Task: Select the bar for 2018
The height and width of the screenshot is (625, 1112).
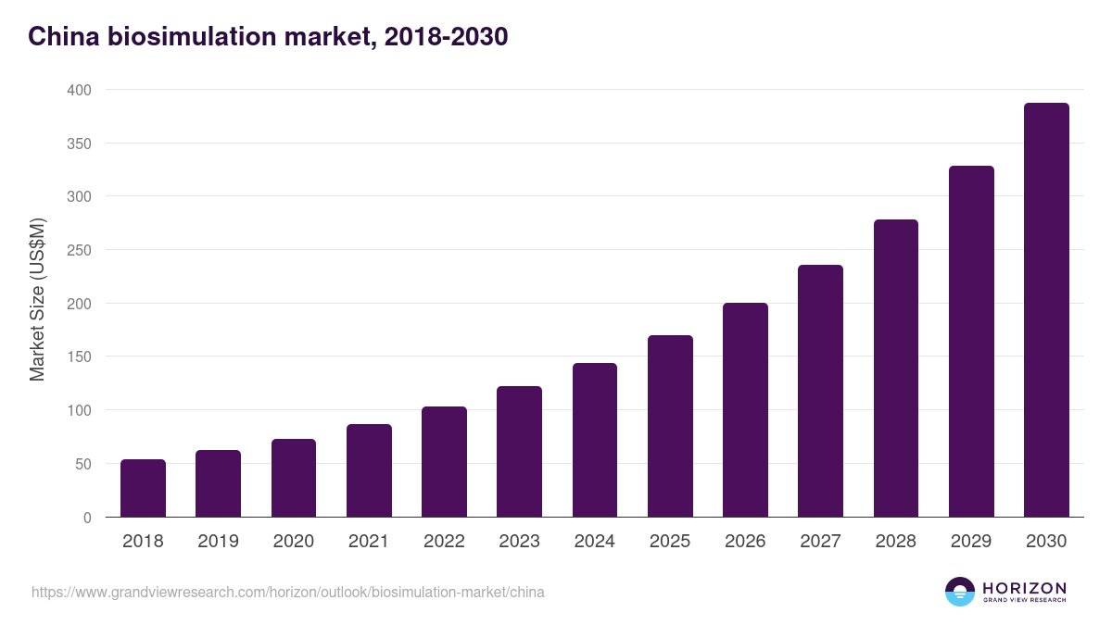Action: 143,488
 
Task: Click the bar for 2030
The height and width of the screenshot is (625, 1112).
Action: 1046,310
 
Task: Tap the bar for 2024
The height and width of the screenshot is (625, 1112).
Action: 595,440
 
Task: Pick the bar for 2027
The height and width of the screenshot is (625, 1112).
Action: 820,391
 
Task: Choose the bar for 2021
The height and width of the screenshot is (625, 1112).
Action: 369,470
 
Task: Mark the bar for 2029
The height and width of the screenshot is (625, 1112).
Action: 971,342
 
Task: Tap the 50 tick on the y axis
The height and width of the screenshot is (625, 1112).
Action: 82,464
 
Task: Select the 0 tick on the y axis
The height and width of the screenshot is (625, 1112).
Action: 87,518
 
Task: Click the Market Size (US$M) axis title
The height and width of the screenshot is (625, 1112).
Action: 37,299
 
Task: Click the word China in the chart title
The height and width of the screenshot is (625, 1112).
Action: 61,36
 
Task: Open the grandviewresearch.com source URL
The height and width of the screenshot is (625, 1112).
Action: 287,592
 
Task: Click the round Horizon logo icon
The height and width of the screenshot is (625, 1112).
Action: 960,592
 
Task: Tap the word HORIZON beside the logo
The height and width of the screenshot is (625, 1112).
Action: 1024,587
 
